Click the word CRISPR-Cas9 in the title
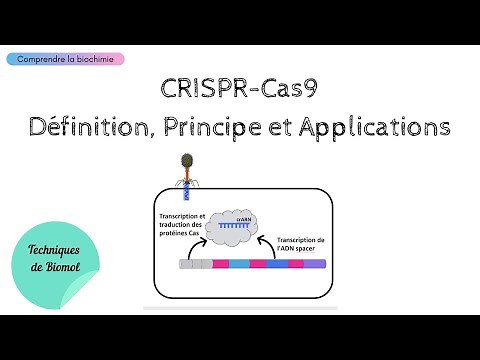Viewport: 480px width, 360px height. coord(240,89)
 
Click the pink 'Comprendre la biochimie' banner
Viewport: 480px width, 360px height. coord(70,59)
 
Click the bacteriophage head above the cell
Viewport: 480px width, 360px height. coord(186,160)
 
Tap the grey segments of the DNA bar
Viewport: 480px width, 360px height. coord(197,265)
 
